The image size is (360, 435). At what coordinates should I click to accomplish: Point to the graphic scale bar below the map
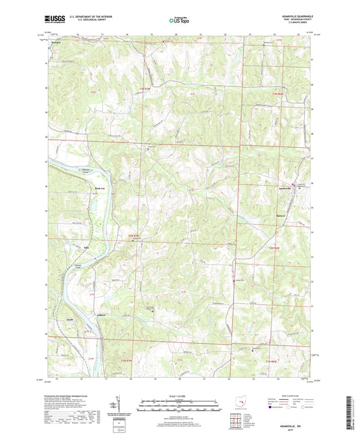click(180, 407)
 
